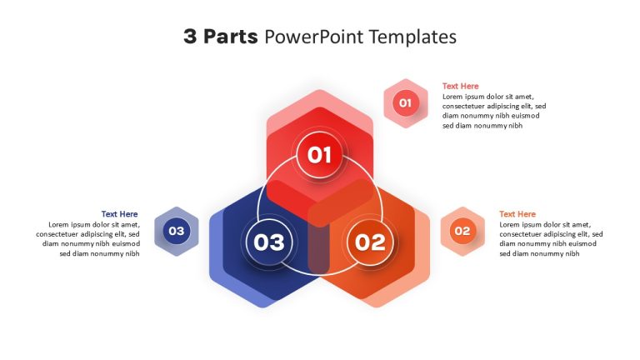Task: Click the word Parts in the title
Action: (231, 37)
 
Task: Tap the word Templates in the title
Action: (413, 37)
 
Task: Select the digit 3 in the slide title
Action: (190, 37)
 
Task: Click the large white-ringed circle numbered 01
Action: (320, 155)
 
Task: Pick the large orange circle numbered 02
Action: (370, 242)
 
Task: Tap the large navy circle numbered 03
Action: (269, 242)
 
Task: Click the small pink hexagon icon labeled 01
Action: (406, 103)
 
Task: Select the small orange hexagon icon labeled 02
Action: (462, 232)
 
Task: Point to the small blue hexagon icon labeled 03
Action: (177, 232)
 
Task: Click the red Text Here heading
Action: (460, 86)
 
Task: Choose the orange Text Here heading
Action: (517, 214)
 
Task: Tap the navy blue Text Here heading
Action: (120, 214)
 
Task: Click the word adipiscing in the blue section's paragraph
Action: (100, 235)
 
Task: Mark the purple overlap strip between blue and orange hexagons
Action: (319, 248)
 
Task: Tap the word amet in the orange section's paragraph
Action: (580, 225)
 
